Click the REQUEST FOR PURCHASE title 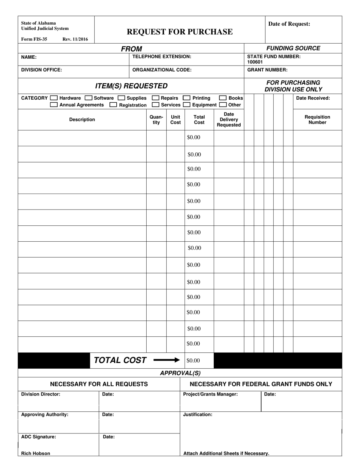(x=180, y=32)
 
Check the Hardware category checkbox (x=54, y=98)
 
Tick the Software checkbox (x=88, y=98)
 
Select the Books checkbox (x=223, y=98)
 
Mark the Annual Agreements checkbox (x=54, y=105)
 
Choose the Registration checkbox (x=113, y=105)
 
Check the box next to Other (x=223, y=105)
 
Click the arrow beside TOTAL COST (x=167, y=360)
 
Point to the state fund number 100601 (x=255, y=62)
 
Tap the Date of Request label (x=289, y=24)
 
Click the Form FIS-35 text (x=34, y=39)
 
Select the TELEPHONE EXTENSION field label (x=161, y=56)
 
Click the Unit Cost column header (x=175, y=120)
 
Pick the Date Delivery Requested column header (x=229, y=120)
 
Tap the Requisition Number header (x=317, y=120)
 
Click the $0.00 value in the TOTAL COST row (x=193, y=361)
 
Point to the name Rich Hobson (x=36, y=453)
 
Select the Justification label (x=197, y=414)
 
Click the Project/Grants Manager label (x=210, y=394)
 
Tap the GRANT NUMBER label (x=267, y=70)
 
